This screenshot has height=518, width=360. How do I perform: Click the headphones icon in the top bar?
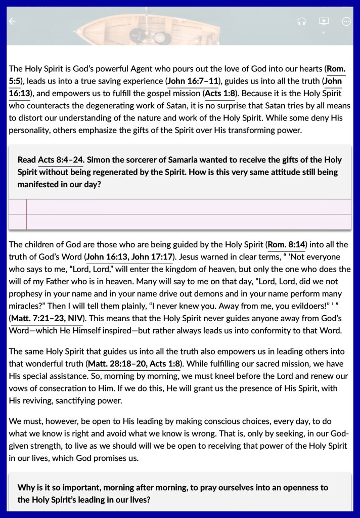pyautogui.click(x=302, y=21)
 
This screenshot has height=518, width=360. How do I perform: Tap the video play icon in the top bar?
pyautogui.click(x=324, y=21)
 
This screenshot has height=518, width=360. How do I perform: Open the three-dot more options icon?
pyautogui.click(x=346, y=21)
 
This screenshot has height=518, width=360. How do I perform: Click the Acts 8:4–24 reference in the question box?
pyautogui.click(x=60, y=160)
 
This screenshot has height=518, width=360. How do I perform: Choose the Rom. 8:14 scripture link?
pyautogui.click(x=287, y=245)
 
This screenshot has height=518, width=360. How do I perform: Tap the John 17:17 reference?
pyautogui.click(x=152, y=257)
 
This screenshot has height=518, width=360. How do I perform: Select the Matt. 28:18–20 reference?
pyautogui.click(x=119, y=363)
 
